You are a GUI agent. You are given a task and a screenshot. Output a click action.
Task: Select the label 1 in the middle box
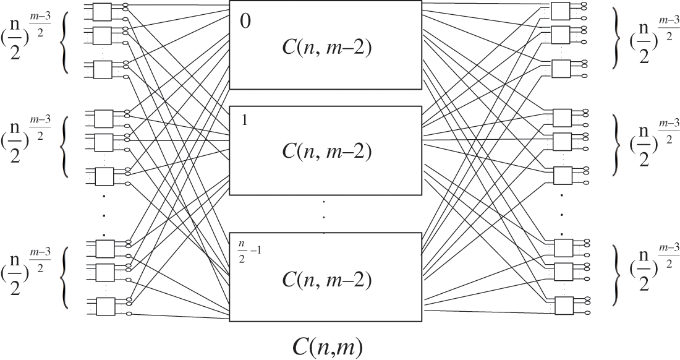pyautogui.click(x=245, y=121)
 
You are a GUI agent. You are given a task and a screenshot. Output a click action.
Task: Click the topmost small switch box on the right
pyautogui.click(x=559, y=10)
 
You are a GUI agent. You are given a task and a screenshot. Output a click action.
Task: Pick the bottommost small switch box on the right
pyautogui.click(x=563, y=306)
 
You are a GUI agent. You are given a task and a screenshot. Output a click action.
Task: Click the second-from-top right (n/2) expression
pyautogui.click(x=653, y=144)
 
